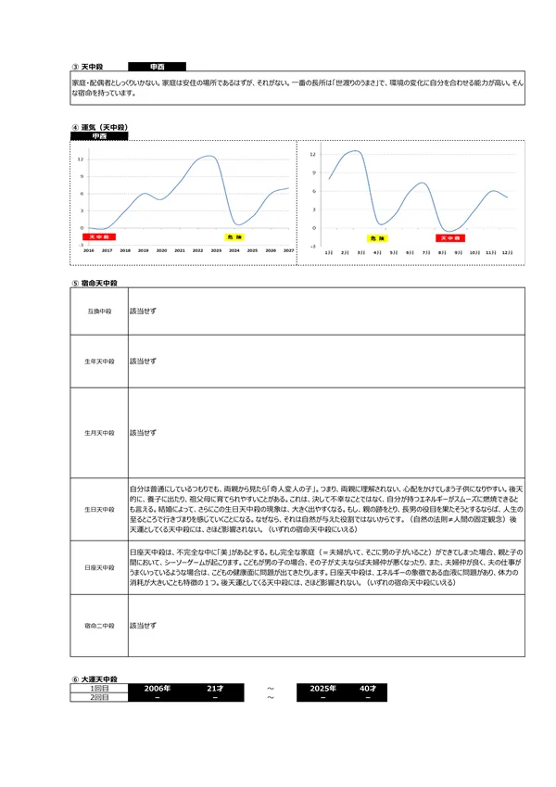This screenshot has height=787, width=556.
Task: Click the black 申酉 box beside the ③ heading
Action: pos(157,67)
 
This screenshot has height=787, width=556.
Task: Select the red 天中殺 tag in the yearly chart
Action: pos(95,237)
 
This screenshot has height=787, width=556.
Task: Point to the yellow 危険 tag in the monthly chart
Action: pos(376,237)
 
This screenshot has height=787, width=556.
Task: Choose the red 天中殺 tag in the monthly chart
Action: pos(450,237)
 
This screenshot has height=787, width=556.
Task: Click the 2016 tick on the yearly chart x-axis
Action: pos(89,250)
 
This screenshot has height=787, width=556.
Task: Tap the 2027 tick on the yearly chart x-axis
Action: pos(288,250)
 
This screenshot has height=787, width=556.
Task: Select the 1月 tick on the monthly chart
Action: pos(328,251)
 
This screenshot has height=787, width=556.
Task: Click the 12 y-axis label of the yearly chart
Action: pos(81,159)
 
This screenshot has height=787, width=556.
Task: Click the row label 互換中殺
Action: pos(99,311)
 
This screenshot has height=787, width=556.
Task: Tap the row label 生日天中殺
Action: pos(99,509)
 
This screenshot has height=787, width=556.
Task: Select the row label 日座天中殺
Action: pos(99,565)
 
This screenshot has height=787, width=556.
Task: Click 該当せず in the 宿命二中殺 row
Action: pos(143,625)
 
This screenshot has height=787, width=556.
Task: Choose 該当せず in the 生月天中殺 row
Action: pos(143,432)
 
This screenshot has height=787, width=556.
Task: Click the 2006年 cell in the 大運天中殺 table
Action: pos(158,689)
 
